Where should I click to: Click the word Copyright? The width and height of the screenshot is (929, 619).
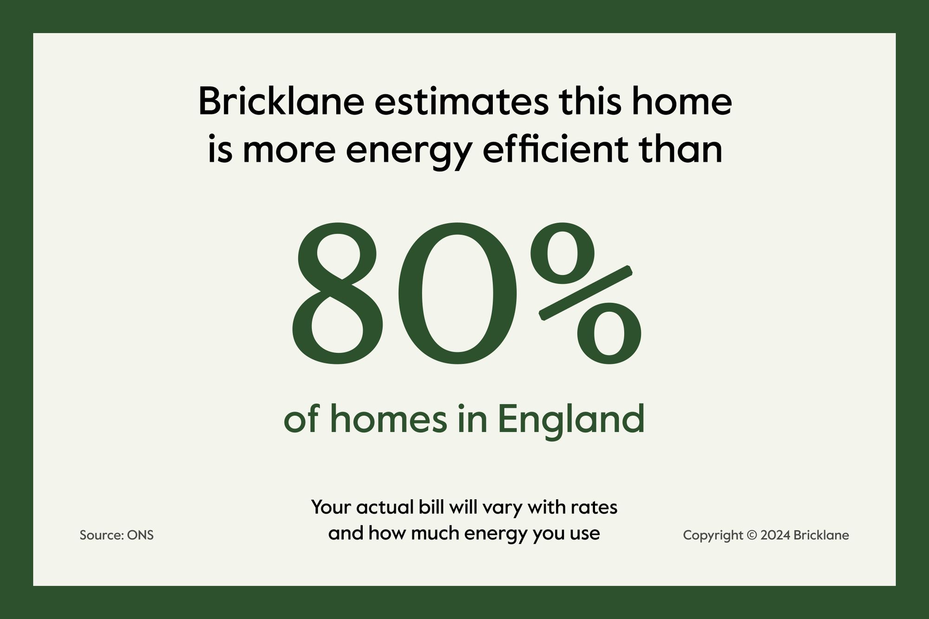(x=713, y=536)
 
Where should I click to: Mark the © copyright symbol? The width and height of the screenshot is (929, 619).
(x=752, y=535)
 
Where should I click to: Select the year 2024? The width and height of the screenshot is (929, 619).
(x=775, y=535)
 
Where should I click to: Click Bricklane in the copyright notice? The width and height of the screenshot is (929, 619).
(x=821, y=535)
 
